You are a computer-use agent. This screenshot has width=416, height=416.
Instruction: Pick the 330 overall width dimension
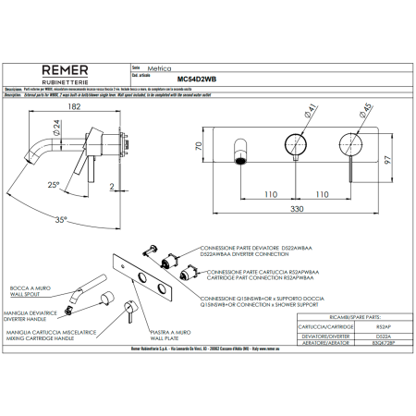point(297,211)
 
